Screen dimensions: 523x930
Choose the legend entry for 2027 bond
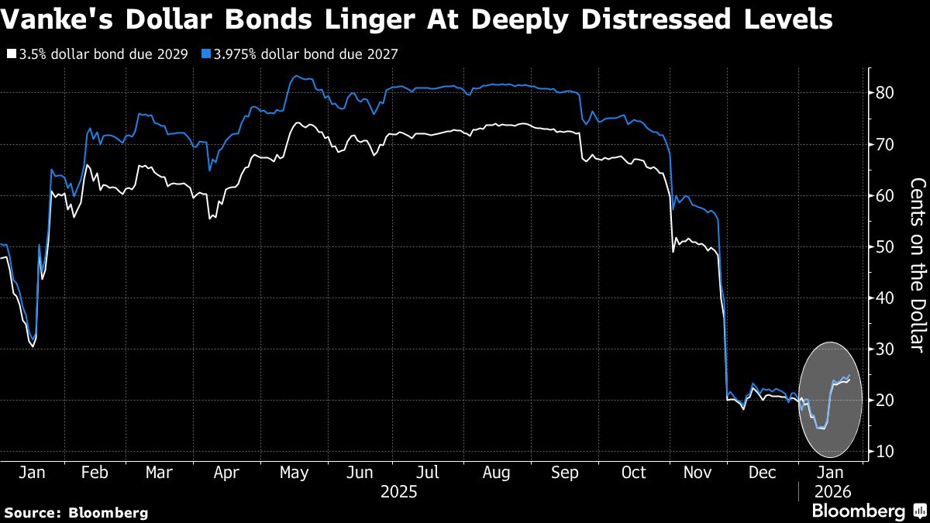[x=304, y=55]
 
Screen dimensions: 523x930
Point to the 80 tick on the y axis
[x=886, y=93]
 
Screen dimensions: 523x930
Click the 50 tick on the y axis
[x=886, y=247]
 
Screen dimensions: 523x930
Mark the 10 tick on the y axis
[x=886, y=452]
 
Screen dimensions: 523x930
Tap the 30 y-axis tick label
[x=886, y=349]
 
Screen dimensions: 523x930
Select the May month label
[x=293, y=473]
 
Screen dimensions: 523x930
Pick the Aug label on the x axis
[x=496, y=473]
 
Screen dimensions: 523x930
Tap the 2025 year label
[x=400, y=491]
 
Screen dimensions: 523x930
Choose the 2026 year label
[x=832, y=491]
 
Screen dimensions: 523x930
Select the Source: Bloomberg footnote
[x=76, y=512]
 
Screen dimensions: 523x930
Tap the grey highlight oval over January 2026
[x=830, y=399]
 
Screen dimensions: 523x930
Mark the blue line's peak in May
[x=298, y=76]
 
